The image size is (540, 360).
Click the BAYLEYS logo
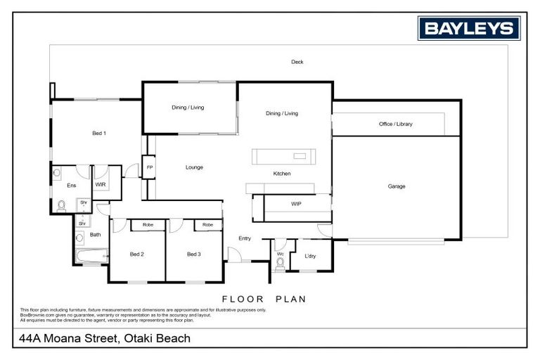[x=469, y=28]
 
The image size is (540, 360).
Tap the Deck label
[x=297, y=62]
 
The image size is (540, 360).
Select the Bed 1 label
[x=99, y=132]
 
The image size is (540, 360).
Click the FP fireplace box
[x=149, y=167]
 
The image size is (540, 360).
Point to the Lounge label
[x=194, y=167]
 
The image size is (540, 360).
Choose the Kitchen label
[x=282, y=174]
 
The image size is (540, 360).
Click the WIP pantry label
[x=296, y=203]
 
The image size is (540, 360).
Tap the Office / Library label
[x=396, y=124]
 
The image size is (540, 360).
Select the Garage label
[x=397, y=186]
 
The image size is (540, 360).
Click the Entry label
[x=245, y=238]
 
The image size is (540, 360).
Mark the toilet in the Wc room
[x=280, y=264]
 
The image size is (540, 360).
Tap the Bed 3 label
[x=194, y=254]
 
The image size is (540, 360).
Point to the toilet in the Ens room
[x=61, y=205]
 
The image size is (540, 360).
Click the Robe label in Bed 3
[x=207, y=225]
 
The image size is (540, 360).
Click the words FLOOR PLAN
[x=264, y=299]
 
